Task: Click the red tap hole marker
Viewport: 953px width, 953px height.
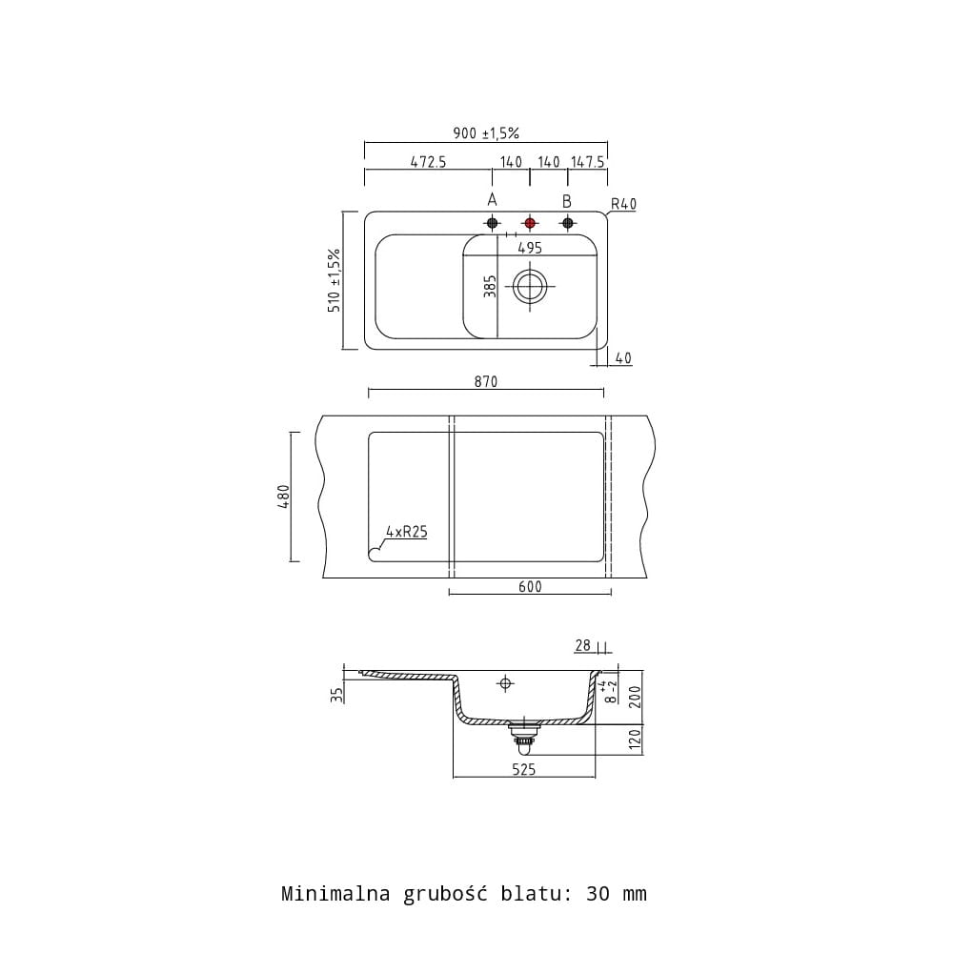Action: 530,223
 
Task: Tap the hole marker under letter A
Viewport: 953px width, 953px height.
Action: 493,223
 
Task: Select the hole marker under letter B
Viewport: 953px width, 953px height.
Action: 568,223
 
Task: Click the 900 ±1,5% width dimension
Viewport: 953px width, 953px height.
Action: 486,132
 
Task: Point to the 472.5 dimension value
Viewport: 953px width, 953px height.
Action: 428,162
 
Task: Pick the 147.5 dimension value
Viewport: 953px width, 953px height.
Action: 588,162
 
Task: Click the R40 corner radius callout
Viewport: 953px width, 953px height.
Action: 623,204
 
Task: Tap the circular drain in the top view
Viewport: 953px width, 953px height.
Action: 530,286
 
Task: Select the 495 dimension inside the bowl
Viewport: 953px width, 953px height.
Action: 530,248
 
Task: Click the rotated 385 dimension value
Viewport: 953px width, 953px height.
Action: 490,286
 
